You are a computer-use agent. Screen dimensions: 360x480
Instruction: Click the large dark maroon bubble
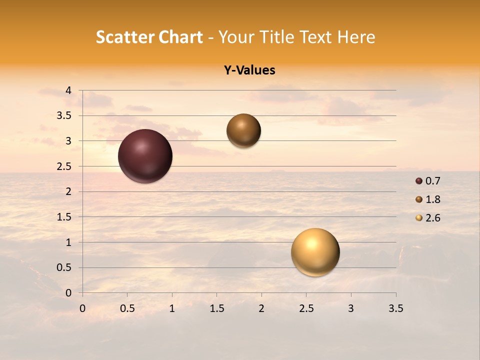(x=145, y=156)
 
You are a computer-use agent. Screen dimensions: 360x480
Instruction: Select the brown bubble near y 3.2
(x=243, y=130)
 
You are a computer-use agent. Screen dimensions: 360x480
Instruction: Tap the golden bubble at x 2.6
(x=315, y=252)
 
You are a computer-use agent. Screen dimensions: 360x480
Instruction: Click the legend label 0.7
(x=432, y=181)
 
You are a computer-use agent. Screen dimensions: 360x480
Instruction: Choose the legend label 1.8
(x=432, y=199)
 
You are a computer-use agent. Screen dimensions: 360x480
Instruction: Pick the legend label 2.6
(x=432, y=218)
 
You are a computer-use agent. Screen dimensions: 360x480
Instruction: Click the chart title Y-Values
(x=249, y=70)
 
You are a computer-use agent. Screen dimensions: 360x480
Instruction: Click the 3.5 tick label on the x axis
(x=395, y=308)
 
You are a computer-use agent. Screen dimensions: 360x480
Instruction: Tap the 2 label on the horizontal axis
(x=261, y=308)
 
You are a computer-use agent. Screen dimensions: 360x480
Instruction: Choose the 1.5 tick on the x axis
(x=216, y=308)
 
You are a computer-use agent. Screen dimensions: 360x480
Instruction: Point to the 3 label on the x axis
(x=351, y=308)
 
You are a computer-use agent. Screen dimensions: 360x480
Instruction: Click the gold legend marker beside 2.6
(x=419, y=218)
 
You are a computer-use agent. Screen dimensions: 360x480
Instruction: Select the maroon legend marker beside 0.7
(x=419, y=181)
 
